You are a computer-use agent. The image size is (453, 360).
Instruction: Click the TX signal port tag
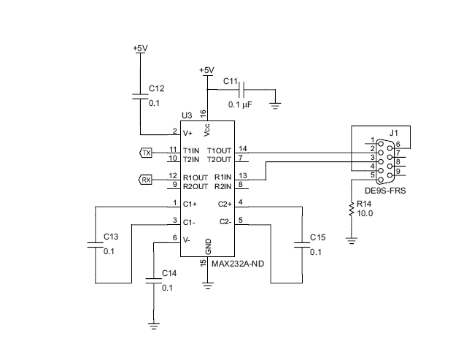(x=147, y=153)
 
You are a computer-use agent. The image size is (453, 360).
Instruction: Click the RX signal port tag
(x=146, y=179)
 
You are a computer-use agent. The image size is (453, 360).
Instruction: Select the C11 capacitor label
(x=231, y=81)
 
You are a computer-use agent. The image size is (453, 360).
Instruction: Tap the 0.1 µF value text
(x=241, y=105)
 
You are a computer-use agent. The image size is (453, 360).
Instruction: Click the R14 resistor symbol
(x=352, y=210)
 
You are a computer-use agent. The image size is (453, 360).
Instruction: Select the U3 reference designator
(x=186, y=116)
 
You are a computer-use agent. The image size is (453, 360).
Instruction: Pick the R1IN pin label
(x=222, y=177)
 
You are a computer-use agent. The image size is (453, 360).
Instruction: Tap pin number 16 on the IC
(x=204, y=114)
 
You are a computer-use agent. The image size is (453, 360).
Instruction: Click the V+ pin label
(x=187, y=133)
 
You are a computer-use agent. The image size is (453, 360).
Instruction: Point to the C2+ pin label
(x=225, y=204)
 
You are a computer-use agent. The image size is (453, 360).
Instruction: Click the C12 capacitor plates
(x=140, y=96)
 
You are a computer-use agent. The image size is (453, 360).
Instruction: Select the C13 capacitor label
(x=111, y=237)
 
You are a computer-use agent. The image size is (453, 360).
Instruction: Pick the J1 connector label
(x=394, y=133)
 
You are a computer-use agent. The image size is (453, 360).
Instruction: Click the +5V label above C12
(x=140, y=48)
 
